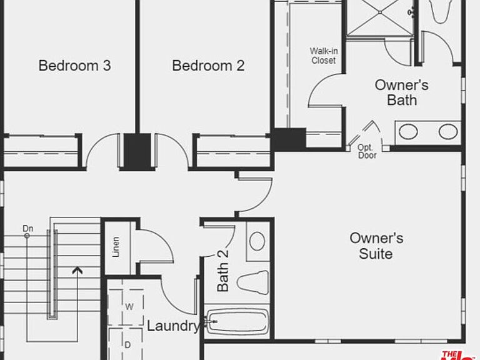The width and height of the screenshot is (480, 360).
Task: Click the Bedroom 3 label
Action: (x=75, y=66)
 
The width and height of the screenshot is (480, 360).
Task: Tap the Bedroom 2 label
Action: (x=208, y=66)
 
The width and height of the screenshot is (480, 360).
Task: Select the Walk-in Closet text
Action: (x=324, y=56)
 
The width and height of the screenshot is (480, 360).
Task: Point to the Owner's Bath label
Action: (x=402, y=92)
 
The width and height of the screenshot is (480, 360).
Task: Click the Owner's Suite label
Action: (x=376, y=246)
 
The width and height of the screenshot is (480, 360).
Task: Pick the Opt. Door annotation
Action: (x=367, y=151)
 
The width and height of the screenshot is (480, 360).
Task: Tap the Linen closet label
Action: (x=116, y=247)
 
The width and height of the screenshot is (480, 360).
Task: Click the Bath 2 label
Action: (x=223, y=271)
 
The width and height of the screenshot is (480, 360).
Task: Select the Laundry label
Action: (x=173, y=326)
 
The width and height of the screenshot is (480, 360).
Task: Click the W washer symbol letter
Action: (x=129, y=307)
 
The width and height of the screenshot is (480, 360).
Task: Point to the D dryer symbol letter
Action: (x=127, y=345)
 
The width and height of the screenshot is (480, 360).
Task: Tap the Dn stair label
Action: (x=28, y=228)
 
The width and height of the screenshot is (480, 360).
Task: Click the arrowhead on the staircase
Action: (x=77, y=270)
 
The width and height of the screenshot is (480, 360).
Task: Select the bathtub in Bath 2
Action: (x=237, y=321)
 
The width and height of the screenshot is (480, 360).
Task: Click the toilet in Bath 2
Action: (x=253, y=282)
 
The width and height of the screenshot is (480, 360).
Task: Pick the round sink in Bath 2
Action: (x=257, y=241)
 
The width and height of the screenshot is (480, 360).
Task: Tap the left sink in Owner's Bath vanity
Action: (x=408, y=132)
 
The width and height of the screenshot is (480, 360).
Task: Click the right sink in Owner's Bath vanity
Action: (x=448, y=131)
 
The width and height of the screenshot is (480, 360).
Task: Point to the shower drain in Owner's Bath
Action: (x=380, y=12)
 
